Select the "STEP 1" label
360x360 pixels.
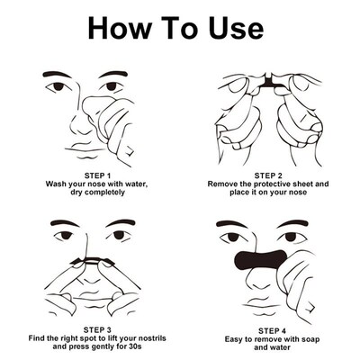92,175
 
